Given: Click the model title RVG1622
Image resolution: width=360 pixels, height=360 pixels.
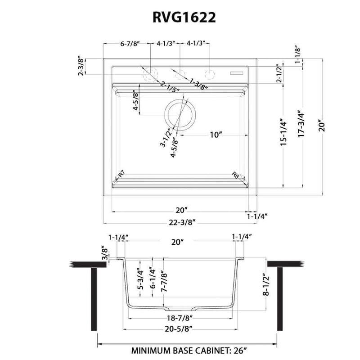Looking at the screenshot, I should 180,17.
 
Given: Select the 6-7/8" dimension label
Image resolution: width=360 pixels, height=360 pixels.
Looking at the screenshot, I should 130,43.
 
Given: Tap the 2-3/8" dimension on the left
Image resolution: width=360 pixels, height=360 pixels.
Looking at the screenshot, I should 81,66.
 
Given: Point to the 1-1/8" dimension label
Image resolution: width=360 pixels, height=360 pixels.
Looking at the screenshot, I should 297,55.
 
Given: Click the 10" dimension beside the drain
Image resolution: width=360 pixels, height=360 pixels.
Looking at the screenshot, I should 216,135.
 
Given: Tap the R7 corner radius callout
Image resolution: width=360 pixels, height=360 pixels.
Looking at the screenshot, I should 121,175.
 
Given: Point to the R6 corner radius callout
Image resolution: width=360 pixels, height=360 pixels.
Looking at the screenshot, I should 235,175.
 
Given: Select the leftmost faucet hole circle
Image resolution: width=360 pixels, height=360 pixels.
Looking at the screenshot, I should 149,73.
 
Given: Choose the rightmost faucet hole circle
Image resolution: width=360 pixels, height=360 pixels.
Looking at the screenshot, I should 210,73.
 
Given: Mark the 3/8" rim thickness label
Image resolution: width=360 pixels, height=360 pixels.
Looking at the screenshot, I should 104,255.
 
